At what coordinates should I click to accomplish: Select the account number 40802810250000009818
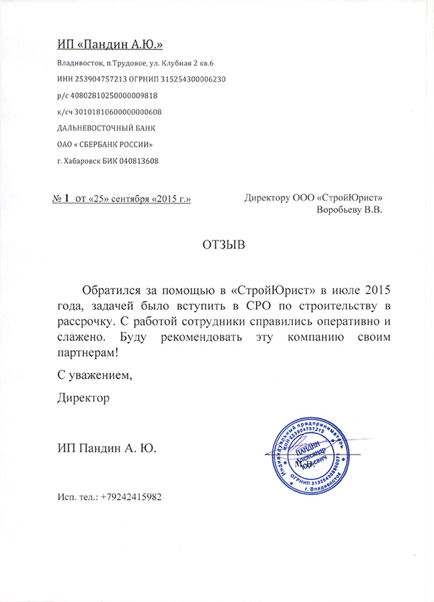(113, 95)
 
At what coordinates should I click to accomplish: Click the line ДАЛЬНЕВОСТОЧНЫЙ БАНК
(106, 128)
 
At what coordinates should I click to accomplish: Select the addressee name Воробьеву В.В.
(347, 210)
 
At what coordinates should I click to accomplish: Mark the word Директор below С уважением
(84, 399)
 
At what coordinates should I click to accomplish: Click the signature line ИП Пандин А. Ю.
(106, 447)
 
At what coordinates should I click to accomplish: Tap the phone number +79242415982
(131, 497)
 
